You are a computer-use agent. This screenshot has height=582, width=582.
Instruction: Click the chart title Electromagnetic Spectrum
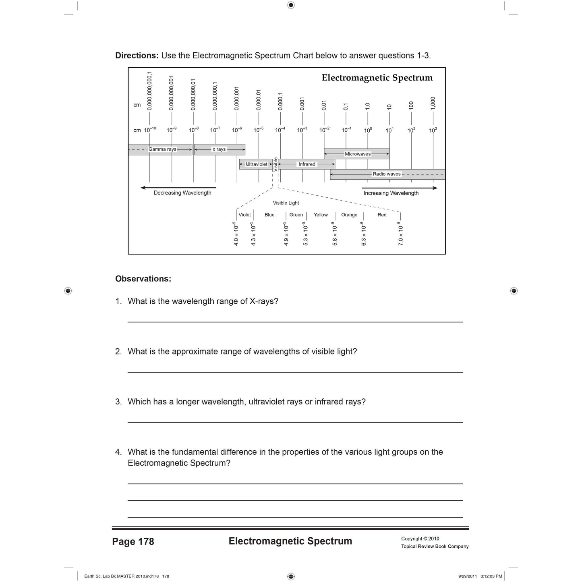pos(377,78)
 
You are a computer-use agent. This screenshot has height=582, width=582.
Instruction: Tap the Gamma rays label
pos(162,149)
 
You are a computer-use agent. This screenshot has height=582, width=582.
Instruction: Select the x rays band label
pos(219,149)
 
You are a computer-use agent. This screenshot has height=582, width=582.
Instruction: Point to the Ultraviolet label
pos(257,164)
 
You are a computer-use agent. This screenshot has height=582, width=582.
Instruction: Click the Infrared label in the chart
pos(307,164)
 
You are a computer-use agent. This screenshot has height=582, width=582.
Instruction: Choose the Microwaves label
pos(358,154)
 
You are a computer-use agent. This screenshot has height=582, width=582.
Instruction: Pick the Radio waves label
pos(387,174)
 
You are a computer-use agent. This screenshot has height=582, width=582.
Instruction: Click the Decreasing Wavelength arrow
pos(178,188)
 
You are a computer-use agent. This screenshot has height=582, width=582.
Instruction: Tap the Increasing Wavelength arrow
pos(400,188)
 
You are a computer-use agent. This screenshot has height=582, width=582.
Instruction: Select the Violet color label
pos(245,215)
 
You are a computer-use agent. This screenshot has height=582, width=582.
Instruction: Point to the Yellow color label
pos(321,215)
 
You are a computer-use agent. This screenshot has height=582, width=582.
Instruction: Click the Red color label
pos(382,215)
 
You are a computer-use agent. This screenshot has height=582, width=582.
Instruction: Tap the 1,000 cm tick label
pos(433,103)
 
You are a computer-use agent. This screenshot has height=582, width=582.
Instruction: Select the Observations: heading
pos(143,279)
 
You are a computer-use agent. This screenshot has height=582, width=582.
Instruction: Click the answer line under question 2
pos(295,372)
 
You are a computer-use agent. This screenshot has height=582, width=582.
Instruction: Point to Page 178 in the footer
pos(133,542)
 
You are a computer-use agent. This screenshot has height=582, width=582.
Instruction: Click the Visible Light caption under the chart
pos(286,203)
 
